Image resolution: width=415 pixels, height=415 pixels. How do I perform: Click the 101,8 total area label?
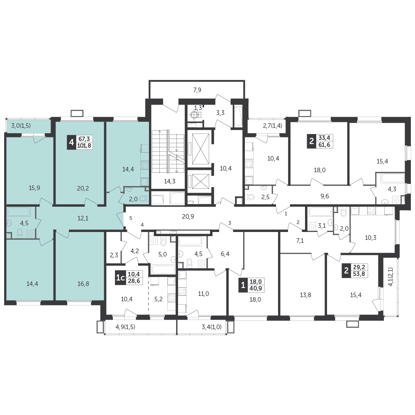tap(84, 145)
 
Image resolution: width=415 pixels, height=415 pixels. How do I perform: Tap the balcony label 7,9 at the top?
tap(197, 90)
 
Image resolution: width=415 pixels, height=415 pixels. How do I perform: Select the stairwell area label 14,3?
tap(170, 181)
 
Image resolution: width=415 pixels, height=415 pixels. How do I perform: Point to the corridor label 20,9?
tap(188, 217)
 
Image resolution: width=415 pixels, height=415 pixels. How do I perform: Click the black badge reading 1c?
tap(120, 277)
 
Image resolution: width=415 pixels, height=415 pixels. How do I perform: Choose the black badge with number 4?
tap(71, 142)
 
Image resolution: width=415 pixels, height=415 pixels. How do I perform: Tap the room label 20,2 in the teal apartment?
tap(83, 188)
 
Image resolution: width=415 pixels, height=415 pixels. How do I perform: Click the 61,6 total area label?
tap(324, 144)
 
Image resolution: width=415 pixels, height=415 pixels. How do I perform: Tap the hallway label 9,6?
tap(325, 196)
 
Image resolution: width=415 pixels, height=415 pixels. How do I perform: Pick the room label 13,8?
tap(305, 295)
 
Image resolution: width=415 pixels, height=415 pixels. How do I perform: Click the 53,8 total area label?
tap(359, 273)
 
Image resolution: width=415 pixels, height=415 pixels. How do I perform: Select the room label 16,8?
tap(83, 284)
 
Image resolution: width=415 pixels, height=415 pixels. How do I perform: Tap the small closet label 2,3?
tap(114, 255)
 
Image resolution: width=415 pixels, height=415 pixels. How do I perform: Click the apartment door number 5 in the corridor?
tap(131, 218)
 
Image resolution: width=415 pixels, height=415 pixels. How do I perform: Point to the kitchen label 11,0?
tap(203, 293)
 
